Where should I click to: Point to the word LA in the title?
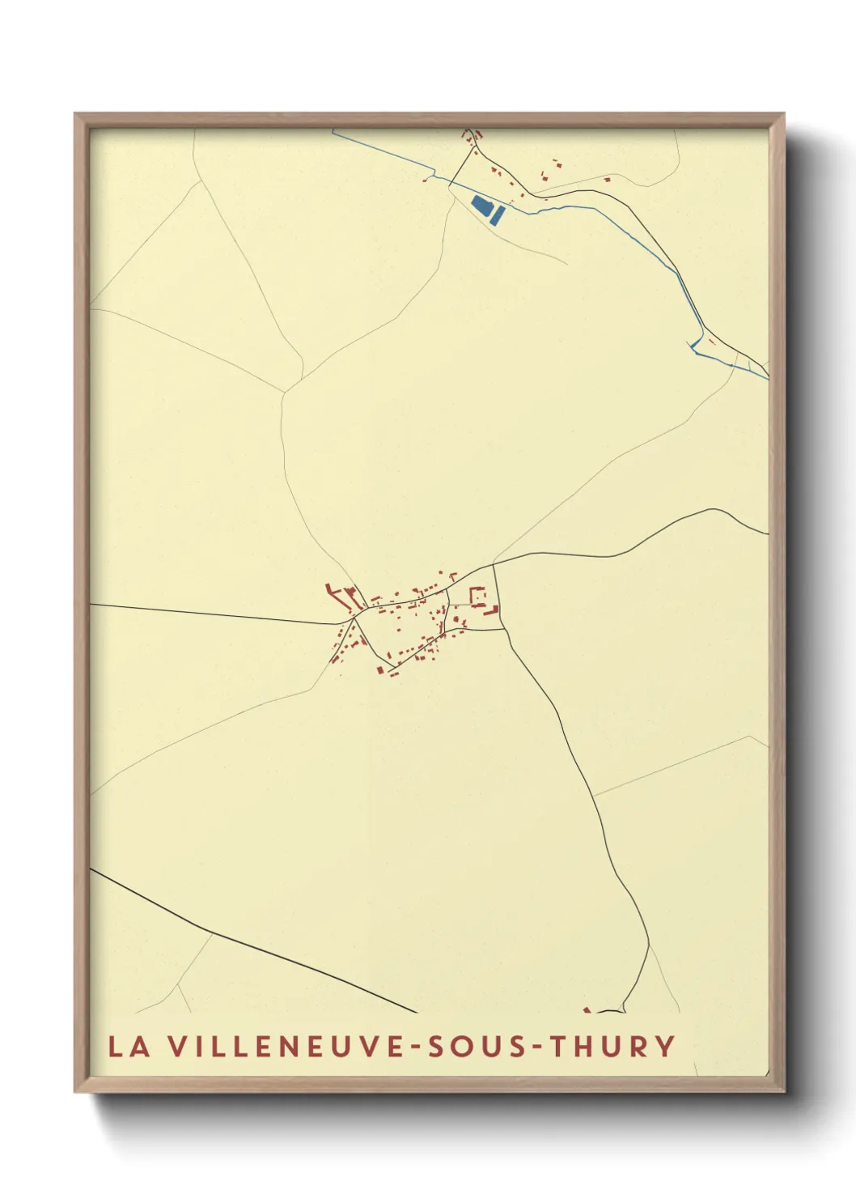point(129,1047)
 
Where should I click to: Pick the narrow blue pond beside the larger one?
point(498,215)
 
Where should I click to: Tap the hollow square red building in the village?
point(477,597)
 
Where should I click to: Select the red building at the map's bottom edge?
point(587,1009)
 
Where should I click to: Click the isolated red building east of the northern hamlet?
point(556,164)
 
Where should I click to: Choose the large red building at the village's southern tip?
point(379,669)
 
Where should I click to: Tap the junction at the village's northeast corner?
point(494,564)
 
